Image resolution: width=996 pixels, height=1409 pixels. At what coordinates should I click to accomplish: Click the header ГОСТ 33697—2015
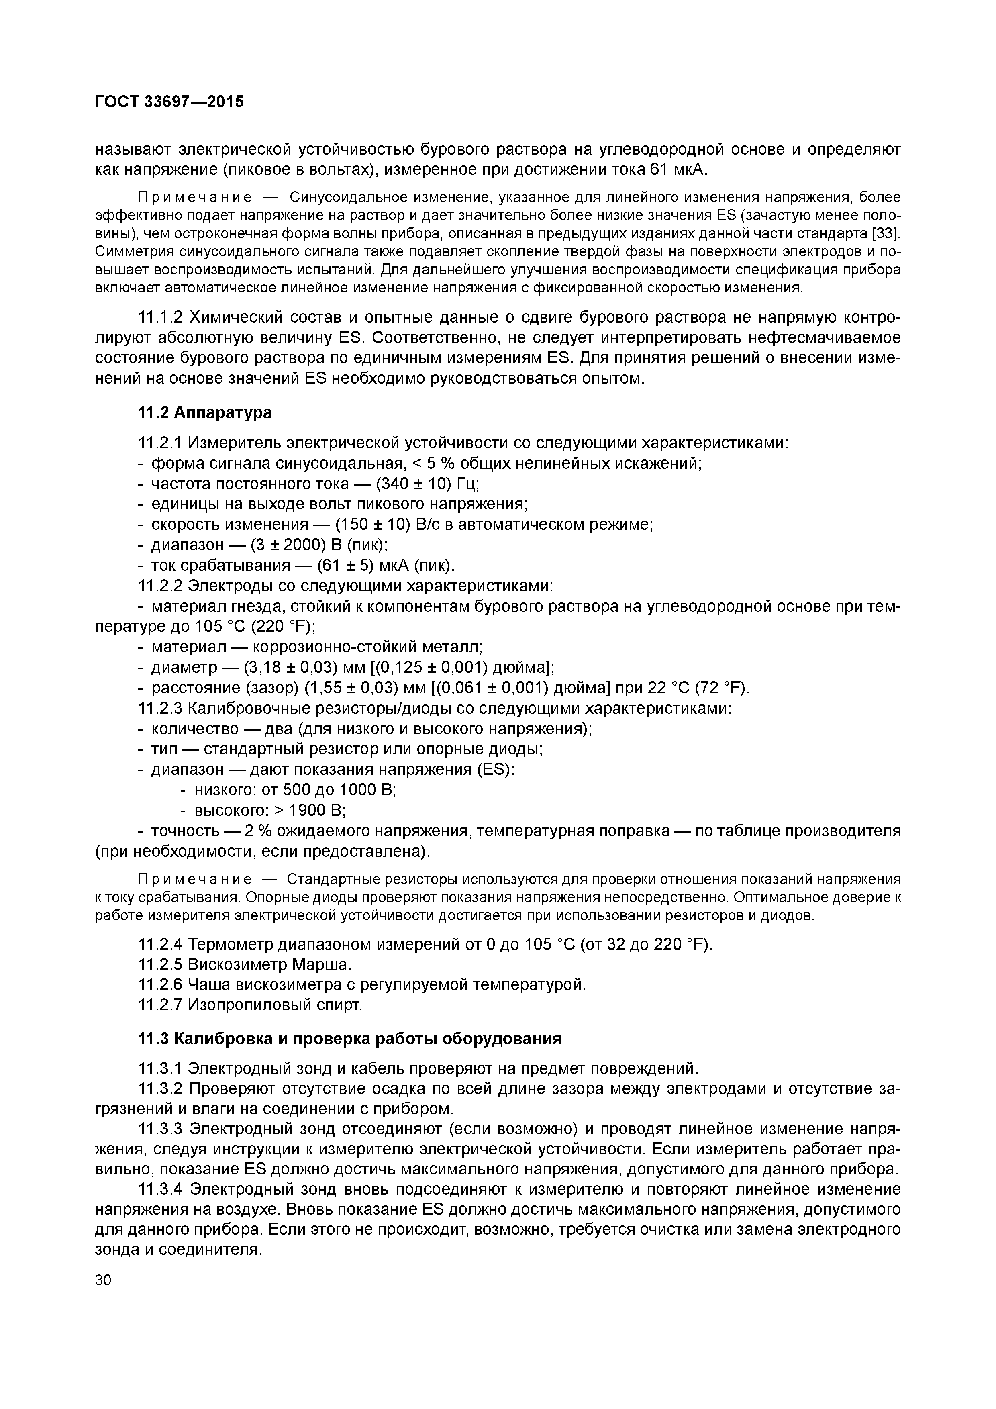coord(169,101)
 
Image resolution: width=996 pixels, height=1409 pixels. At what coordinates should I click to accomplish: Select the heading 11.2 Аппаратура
coord(205,412)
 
